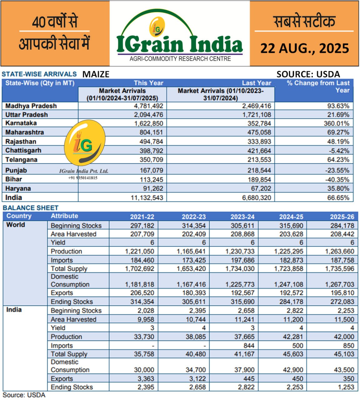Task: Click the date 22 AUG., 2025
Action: pyautogui.click(x=304, y=48)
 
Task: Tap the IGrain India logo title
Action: pyautogui.click(x=179, y=44)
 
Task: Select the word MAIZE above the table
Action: pyautogui.click(x=96, y=74)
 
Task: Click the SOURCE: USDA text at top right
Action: pyautogui.click(x=308, y=74)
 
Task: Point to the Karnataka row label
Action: pyautogui.click(x=21, y=123)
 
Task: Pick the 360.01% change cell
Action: pyautogui.click(x=336, y=123)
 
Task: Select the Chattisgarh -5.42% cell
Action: pyautogui.click(x=338, y=151)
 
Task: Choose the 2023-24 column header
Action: pyautogui.click(x=242, y=217)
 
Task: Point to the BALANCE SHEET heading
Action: pyautogui.click(x=31, y=208)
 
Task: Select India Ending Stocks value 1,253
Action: pyautogui.click(x=346, y=387)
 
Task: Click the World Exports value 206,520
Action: pyautogui.click(x=142, y=293)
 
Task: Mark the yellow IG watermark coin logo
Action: pyautogui.click(x=84, y=142)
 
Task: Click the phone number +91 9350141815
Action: pyautogui.click(x=82, y=178)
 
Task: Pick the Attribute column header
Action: pyautogui.click(x=64, y=216)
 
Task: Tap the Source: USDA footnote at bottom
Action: pyautogui.click(x=24, y=395)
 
